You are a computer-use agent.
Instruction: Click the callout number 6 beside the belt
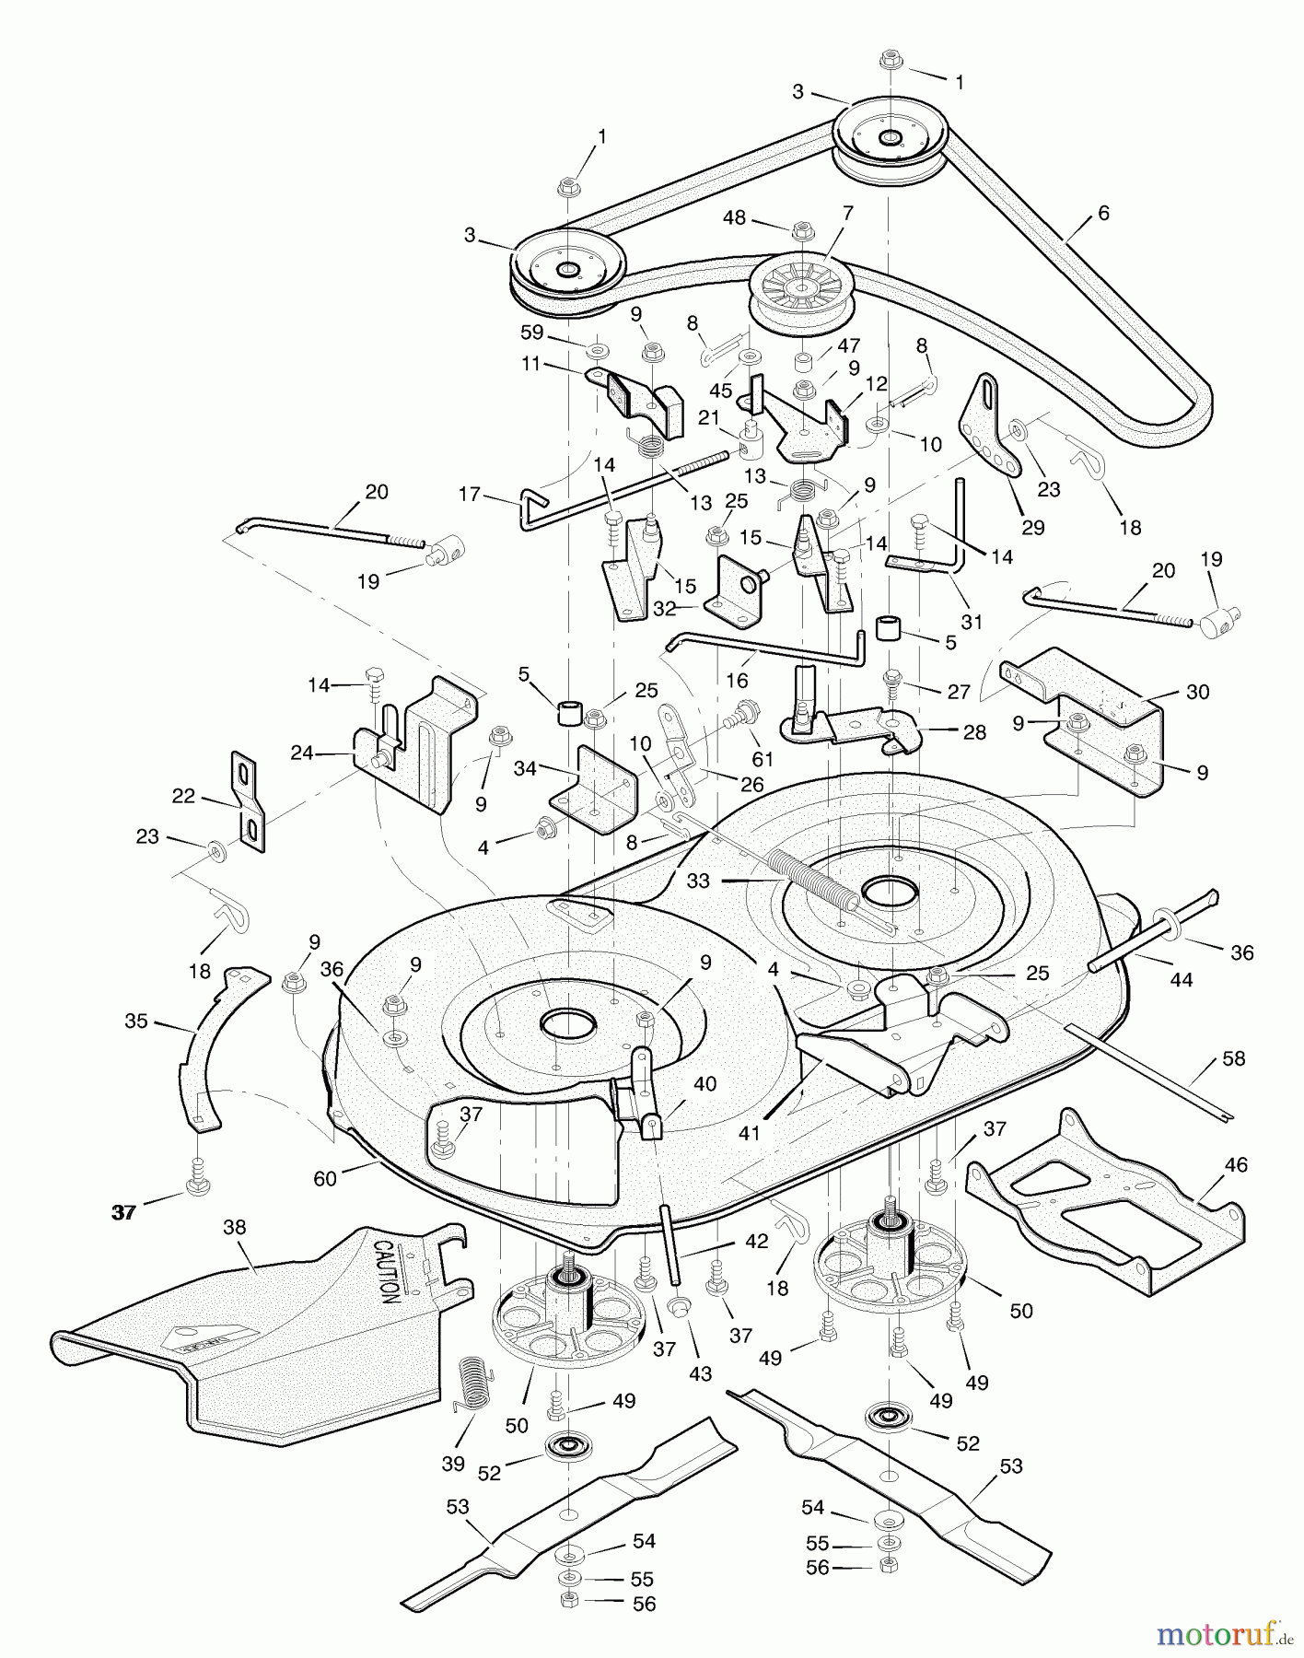tap(1103, 213)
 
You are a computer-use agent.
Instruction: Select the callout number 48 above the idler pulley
tap(734, 218)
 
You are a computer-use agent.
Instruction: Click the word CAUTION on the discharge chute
tap(388, 1270)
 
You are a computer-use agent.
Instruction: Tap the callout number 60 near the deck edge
tap(324, 1178)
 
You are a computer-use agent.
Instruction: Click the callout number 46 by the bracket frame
tap(1236, 1164)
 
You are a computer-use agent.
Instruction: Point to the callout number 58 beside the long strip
tap(1234, 1058)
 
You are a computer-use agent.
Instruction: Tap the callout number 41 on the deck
tap(749, 1133)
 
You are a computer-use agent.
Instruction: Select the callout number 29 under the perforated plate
tap(1033, 528)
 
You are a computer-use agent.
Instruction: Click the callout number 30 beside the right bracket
tap(1197, 692)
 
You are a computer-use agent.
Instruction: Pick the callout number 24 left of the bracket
tap(302, 753)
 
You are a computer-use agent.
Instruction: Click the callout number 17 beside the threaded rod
tap(470, 495)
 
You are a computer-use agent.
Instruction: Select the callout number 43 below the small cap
tap(700, 1373)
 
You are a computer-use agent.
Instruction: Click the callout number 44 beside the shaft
tap(1181, 980)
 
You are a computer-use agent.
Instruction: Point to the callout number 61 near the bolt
tap(763, 759)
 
